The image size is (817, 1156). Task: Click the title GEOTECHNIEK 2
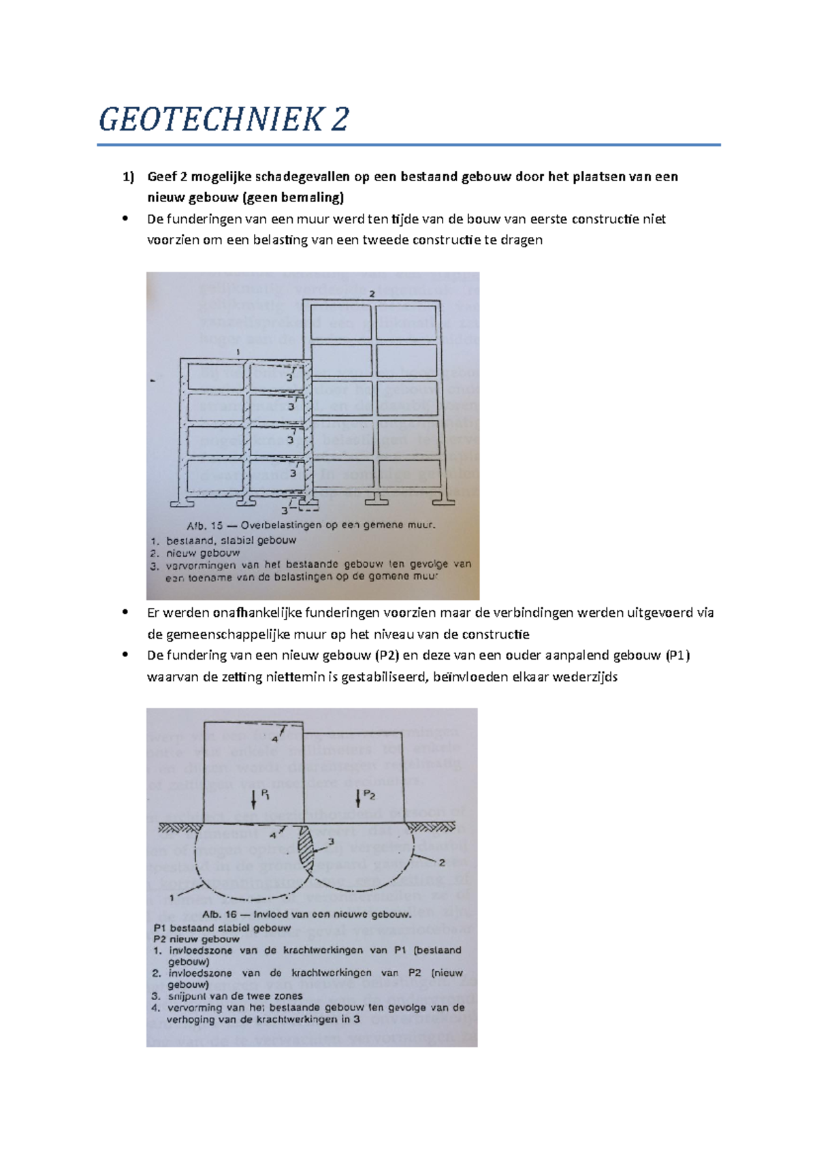(x=223, y=120)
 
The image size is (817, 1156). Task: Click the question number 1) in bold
(x=129, y=177)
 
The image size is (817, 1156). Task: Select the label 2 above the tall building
(x=372, y=294)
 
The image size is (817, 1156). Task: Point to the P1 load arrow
(x=254, y=799)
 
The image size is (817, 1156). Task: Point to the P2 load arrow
(x=358, y=798)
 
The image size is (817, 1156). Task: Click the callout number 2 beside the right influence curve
(x=441, y=863)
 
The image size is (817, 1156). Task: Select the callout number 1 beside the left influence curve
(x=172, y=898)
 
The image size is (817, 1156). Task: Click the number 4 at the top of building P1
(x=275, y=739)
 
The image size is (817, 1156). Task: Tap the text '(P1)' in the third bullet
(x=678, y=656)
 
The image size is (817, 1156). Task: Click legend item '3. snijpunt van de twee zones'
(x=227, y=996)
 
